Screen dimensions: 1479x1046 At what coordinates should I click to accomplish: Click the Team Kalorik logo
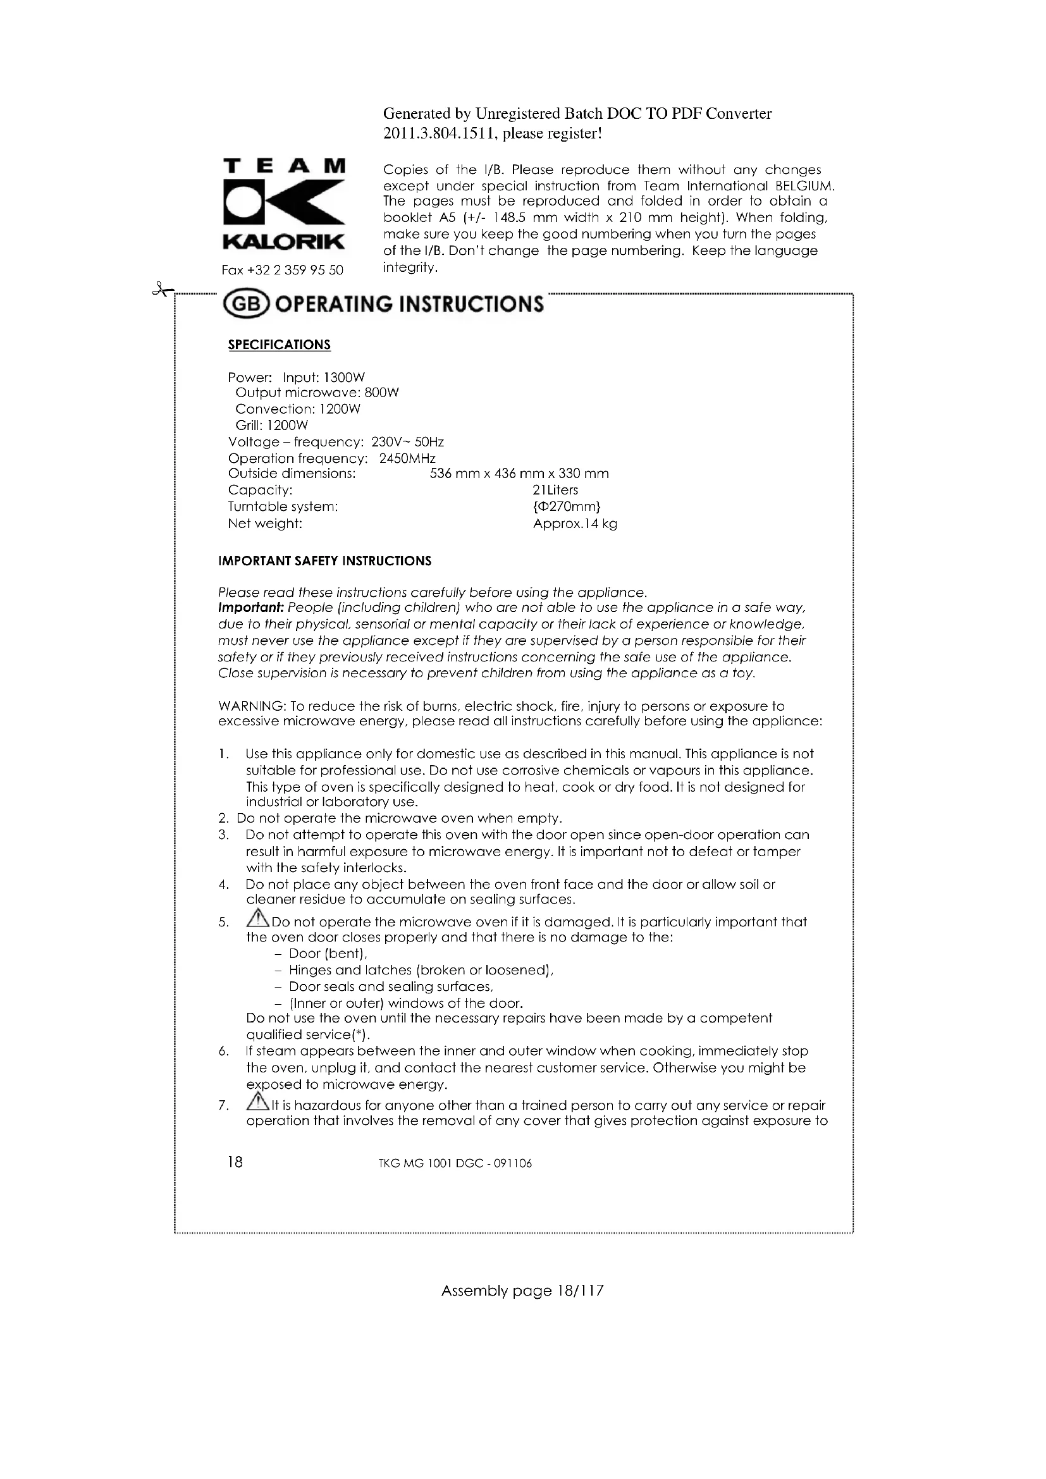click(283, 205)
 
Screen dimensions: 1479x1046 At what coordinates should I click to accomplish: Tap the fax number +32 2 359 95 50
click(282, 270)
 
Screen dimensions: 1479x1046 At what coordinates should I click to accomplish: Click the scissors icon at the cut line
click(162, 290)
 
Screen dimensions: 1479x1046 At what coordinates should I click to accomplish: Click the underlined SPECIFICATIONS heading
click(279, 345)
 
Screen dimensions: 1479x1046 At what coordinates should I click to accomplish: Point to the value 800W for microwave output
click(382, 393)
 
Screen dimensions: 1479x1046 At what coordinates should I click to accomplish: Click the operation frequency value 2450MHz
click(407, 458)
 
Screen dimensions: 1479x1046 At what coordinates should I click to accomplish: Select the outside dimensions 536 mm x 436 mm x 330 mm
click(519, 474)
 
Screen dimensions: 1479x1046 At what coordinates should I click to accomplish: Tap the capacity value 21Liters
click(555, 490)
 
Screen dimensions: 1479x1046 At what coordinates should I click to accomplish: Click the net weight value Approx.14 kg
click(574, 524)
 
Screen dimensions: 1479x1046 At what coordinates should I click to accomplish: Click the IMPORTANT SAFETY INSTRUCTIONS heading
click(324, 561)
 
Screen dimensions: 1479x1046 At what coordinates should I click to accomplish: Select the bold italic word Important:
click(251, 608)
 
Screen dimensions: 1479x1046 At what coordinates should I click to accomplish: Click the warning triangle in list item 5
click(258, 918)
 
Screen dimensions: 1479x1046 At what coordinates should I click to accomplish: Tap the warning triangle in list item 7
click(258, 1102)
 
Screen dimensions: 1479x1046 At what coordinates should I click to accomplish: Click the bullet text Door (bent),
click(328, 954)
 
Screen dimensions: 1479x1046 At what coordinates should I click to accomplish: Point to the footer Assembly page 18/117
click(522, 1291)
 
